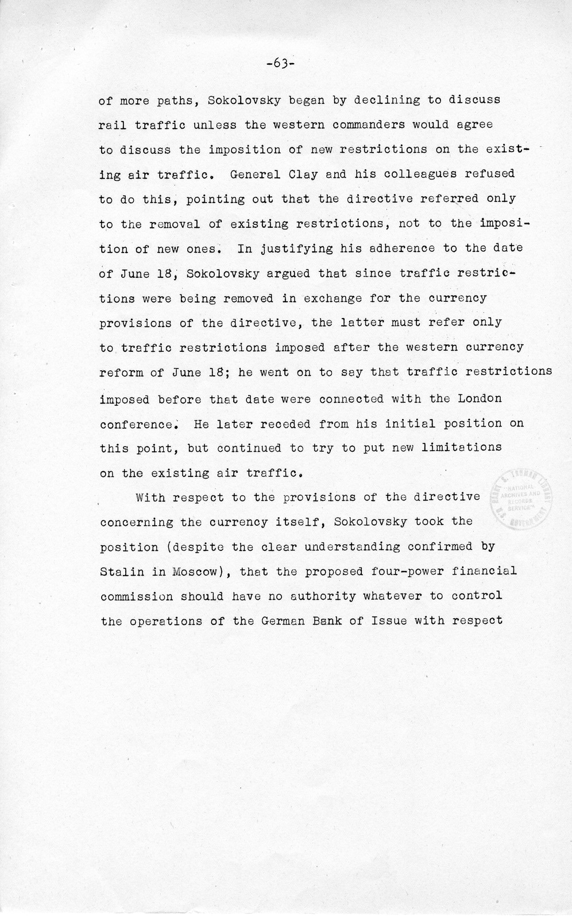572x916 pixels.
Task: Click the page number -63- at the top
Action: click(x=280, y=63)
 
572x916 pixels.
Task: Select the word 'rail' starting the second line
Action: click(x=113, y=125)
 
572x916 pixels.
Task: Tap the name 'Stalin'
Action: click(x=119, y=571)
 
